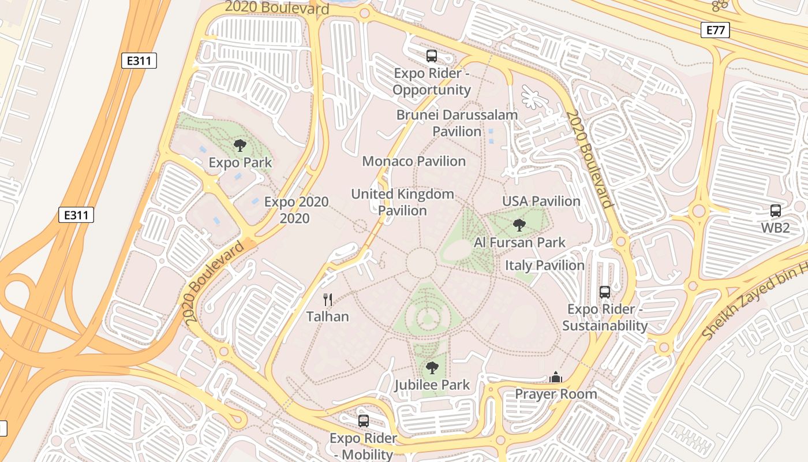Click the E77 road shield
[715, 30]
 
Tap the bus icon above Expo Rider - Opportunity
[432, 56]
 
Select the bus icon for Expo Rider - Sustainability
[605, 292]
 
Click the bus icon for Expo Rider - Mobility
[364, 421]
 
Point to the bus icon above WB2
[775, 211]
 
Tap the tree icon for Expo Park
[240, 146]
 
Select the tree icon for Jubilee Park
[432, 368]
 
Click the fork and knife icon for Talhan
[328, 299]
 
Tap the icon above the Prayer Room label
[556, 378]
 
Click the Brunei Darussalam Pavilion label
[457, 123]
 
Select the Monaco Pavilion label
[414, 161]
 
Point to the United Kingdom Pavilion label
[402, 202]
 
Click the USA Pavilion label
[541, 201]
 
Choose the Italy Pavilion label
[545, 265]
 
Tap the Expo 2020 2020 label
[296, 210]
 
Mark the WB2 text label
[775, 228]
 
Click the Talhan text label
[327, 316]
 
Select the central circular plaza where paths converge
[421, 263]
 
